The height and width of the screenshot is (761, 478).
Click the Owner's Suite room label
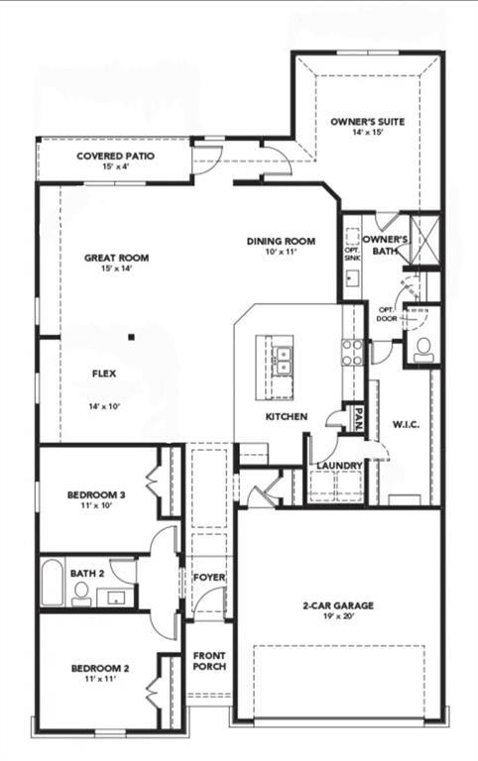click(x=368, y=121)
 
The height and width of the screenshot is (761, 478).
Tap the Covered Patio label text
click(x=115, y=156)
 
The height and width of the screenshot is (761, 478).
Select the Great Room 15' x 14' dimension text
click(x=116, y=269)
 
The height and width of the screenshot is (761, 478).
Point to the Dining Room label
click(x=281, y=241)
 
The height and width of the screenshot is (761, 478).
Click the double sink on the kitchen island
click(x=281, y=359)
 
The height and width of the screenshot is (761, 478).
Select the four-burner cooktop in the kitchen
click(x=352, y=353)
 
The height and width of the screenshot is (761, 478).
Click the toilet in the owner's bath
click(x=422, y=348)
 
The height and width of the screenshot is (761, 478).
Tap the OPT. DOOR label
click(x=387, y=315)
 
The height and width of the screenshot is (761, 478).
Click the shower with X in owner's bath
click(x=424, y=238)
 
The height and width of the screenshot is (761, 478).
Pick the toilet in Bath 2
click(x=81, y=593)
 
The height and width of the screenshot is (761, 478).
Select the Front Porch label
click(x=209, y=661)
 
